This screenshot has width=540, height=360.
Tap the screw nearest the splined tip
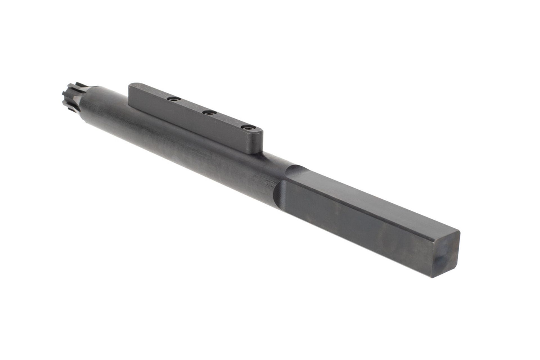click(173, 99)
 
